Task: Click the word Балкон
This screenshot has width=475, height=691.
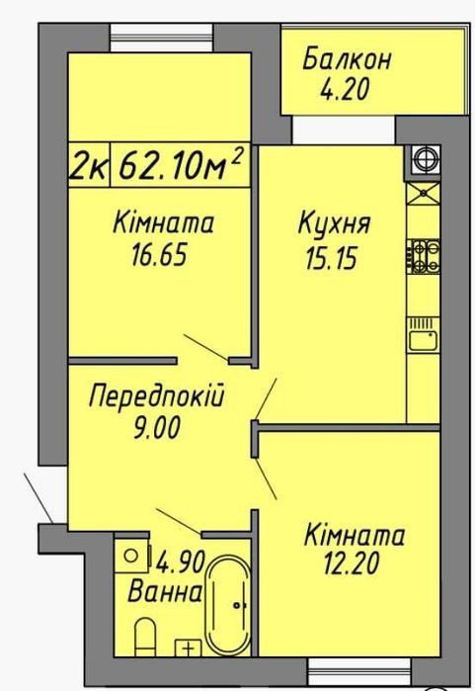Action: point(346,59)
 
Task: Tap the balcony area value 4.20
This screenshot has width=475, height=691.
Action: point(345,89)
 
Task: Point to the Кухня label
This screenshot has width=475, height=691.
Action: point(334,223)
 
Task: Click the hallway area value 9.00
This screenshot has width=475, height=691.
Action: point(157,427)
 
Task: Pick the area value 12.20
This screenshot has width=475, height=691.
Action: point(351,563)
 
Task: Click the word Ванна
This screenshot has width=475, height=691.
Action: point(165,592)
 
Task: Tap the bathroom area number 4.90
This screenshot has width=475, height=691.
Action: point(181,561)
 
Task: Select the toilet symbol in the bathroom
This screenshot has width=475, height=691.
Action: point(145,636)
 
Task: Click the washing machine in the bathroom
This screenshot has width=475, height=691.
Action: point(132,556)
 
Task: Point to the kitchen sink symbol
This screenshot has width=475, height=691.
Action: point(423,334)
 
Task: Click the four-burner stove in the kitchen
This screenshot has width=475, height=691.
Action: point(423,256)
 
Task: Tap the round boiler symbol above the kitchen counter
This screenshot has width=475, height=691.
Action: point(426,158)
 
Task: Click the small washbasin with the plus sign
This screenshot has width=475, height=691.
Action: point(189,647)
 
